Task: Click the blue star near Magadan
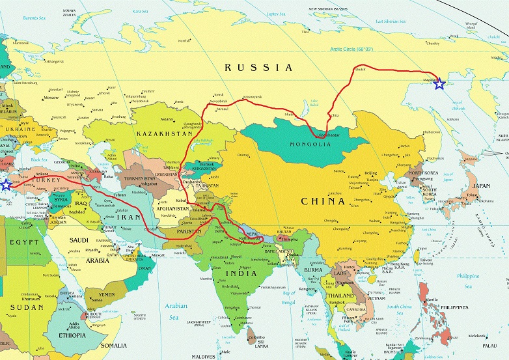(x=439, y=83)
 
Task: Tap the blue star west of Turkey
(x=6, y=185)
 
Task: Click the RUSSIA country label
(x=258, y=68)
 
